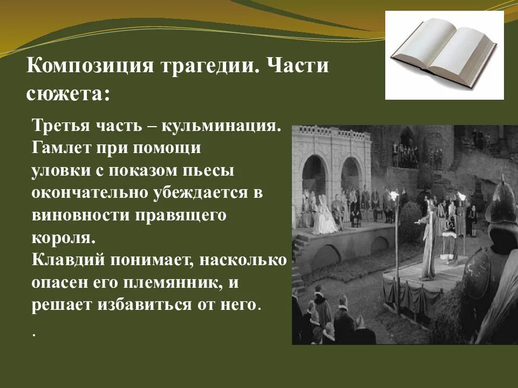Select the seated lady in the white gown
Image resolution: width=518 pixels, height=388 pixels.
[x=324, y=216]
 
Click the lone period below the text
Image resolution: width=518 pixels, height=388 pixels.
[x=34, y=335]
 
